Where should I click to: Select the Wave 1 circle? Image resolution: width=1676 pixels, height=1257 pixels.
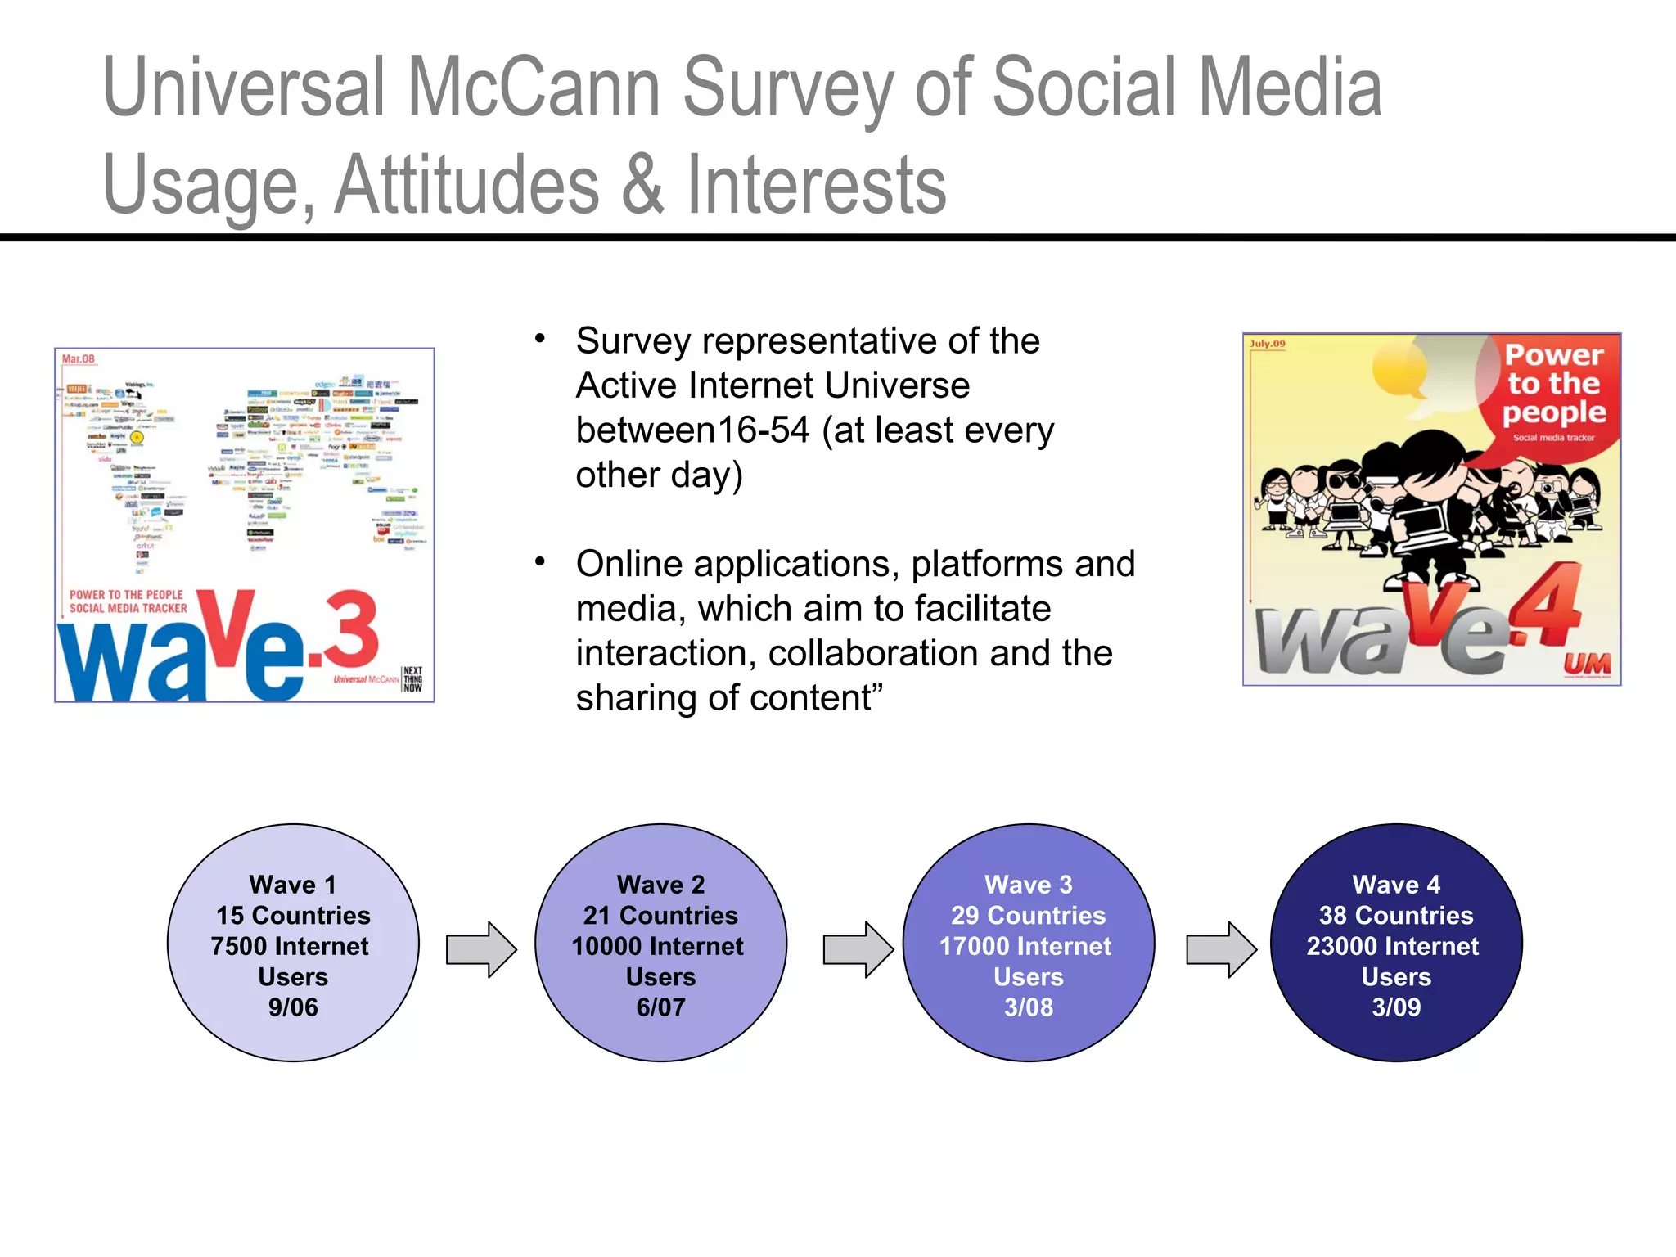click(293, 943)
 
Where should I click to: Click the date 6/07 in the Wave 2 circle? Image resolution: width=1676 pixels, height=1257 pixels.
click(660, 1007)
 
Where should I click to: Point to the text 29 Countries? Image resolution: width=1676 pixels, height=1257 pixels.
click(1028, 915)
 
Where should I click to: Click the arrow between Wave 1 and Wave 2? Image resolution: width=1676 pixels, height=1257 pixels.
click(481, 949)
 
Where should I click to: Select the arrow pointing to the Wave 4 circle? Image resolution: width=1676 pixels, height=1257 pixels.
click(1221, 949)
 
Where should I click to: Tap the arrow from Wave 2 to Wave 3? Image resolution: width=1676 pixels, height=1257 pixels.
click(858, 949)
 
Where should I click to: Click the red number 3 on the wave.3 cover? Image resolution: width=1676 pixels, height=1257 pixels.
click(350, 630)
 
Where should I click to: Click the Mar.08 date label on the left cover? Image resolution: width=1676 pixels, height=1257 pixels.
click(79, 359)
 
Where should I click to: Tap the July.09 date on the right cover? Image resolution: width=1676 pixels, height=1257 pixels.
click(1268, 344)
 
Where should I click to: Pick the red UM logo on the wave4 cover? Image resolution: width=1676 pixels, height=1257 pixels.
click(1587, 665)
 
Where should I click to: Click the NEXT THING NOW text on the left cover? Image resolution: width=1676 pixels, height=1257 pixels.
click(413, 679)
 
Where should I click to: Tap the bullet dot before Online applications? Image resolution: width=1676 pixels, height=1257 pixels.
click(539, 562)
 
